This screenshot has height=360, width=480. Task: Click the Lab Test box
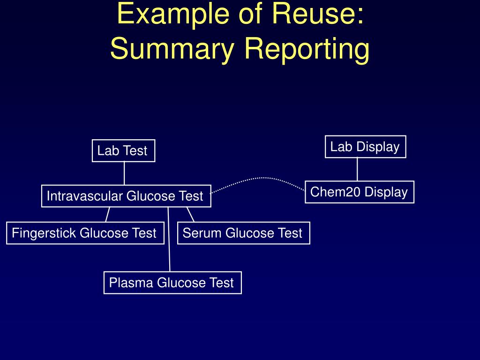[x=123, y=151]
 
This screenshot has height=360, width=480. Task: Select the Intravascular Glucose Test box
[x=126, y=196]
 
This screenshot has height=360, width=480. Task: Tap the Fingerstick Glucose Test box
[x=85, y=233]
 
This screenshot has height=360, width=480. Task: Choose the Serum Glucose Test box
[x=243, y=233]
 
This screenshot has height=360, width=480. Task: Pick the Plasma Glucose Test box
[x=172, y=283]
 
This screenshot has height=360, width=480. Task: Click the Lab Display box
[x=365, y=147]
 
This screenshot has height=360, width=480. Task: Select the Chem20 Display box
[x=359, y=192]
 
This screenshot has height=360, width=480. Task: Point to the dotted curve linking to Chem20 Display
[x=262, y=178]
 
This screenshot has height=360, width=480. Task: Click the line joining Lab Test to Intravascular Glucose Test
[x=124, y=173]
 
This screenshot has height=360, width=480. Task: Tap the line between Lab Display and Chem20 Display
[x=357, y=169]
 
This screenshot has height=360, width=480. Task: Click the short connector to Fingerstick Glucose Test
[x=108, y=214]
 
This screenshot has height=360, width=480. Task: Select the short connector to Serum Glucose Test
[x=190, y=214]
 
